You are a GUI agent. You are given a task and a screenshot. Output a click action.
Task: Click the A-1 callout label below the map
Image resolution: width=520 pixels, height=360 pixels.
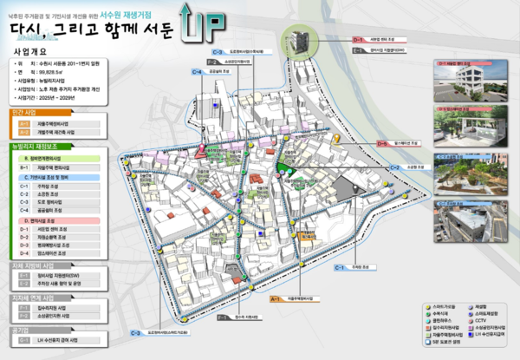[x=276, y=299]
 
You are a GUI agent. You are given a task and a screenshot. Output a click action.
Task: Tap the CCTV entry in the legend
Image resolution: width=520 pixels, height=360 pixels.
[x=481, y=319]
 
